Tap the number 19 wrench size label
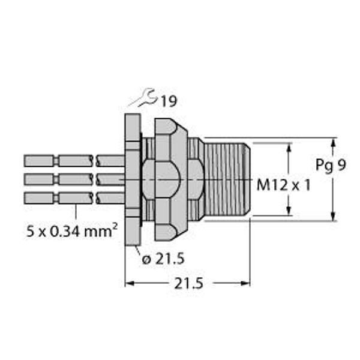(169, 101)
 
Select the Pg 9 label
(330, 165)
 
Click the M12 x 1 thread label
(283, 185)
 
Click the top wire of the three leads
(72, 161)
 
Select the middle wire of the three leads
(72, 179)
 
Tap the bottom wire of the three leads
(72, 197)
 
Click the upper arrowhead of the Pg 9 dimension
(333, 142)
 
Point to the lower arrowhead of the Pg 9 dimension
(333, 217)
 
